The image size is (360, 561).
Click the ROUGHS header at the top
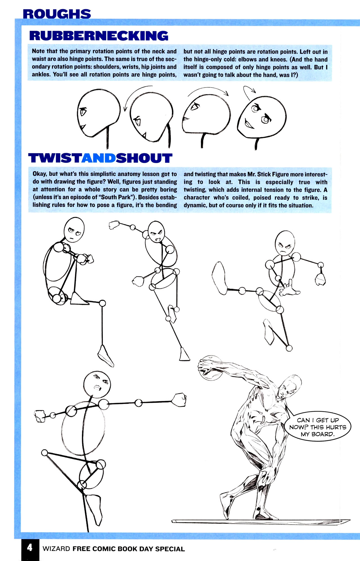57,14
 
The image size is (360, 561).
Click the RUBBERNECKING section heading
98,36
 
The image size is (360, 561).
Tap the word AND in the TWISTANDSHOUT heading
99,158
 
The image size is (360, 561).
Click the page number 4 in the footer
30,548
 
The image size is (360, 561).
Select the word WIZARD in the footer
56,549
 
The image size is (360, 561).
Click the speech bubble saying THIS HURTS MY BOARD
318,427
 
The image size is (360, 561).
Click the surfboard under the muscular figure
260,521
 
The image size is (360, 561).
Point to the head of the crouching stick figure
74,230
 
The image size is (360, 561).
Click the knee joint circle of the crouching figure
102,303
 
